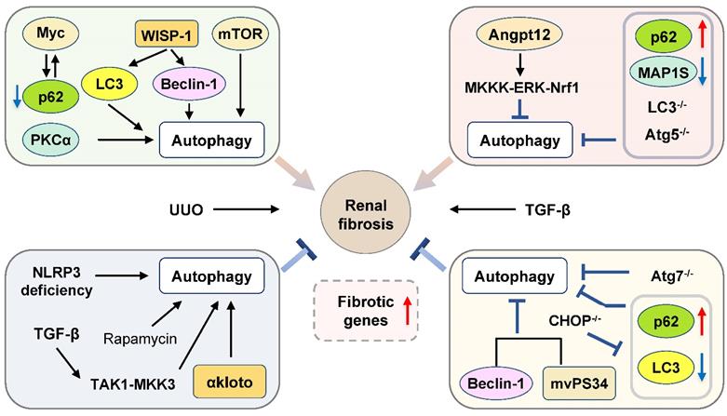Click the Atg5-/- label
[642, 140]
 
